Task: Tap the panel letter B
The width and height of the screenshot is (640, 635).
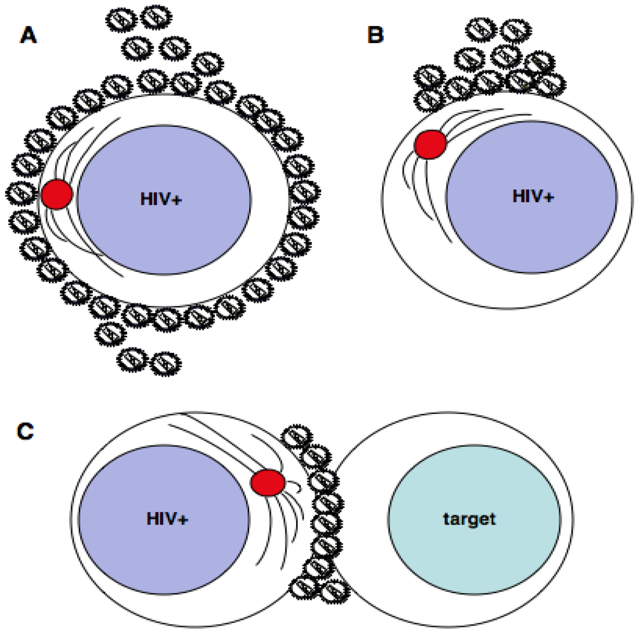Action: [376, 36]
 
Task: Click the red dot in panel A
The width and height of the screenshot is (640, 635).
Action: [57, 194]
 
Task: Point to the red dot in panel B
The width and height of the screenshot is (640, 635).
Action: [430, 145]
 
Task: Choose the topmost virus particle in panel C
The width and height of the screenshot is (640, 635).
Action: [295, 437]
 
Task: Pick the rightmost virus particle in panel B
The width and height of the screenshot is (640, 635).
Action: [551, 83]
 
